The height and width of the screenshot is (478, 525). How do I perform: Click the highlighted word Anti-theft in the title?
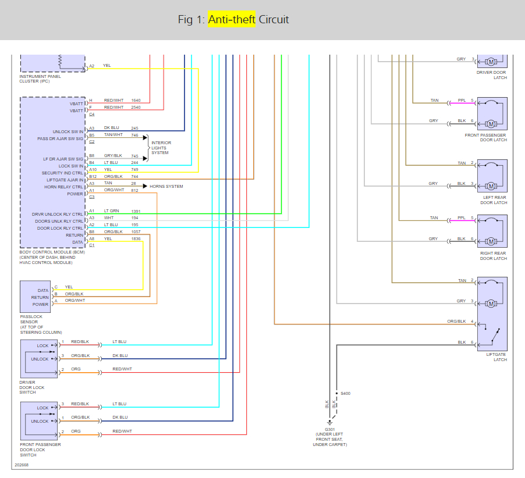click(x=232, y=19)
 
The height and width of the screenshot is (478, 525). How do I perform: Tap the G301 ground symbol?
click(x=330, y=422)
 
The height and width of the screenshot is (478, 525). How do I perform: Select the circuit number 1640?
click(x=136, y=101)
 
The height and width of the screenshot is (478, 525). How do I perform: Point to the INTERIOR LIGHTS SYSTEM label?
click(x=160, y=148)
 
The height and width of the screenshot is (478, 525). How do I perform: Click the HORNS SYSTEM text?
click(x=166, y=187)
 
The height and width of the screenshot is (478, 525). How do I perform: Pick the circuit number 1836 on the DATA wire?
click(x=136, y=238)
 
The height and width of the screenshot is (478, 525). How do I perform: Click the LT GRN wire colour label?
click(x=111, y=211)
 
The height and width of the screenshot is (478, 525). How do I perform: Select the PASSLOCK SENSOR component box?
click(x=35, y=297)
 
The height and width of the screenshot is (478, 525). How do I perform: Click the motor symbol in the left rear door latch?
click(x=491, y=186)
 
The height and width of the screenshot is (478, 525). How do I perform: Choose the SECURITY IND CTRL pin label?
click(x=62, y=173)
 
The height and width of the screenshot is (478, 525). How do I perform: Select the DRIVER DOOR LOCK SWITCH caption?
click(x=31, y=387)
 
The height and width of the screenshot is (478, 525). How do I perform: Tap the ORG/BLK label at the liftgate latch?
click(x=456, y=321)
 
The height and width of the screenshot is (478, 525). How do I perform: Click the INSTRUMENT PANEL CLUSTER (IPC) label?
click(x=40, y=79)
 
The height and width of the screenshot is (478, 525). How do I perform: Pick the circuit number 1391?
click(x=136, y=211)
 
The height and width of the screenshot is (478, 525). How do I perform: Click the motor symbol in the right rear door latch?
click(x=491, y=241)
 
